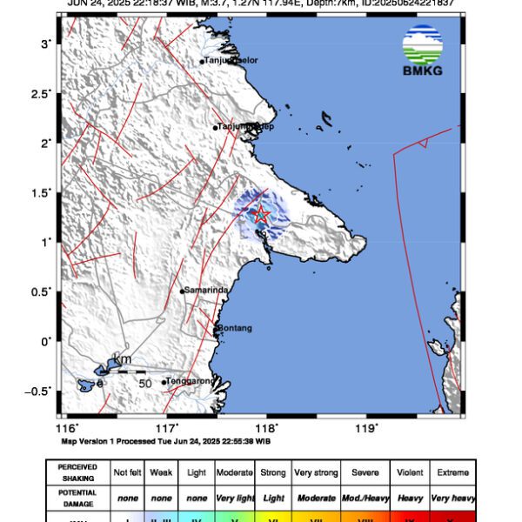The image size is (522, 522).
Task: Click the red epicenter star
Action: (259, 213)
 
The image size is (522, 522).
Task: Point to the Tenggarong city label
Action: (189, 381)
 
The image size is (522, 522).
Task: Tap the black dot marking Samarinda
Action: (183, 291)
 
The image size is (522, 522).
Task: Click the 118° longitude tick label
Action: (266, 428)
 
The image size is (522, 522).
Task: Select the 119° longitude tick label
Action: (366, 428)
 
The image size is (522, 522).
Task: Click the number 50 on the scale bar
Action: (146, 382)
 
